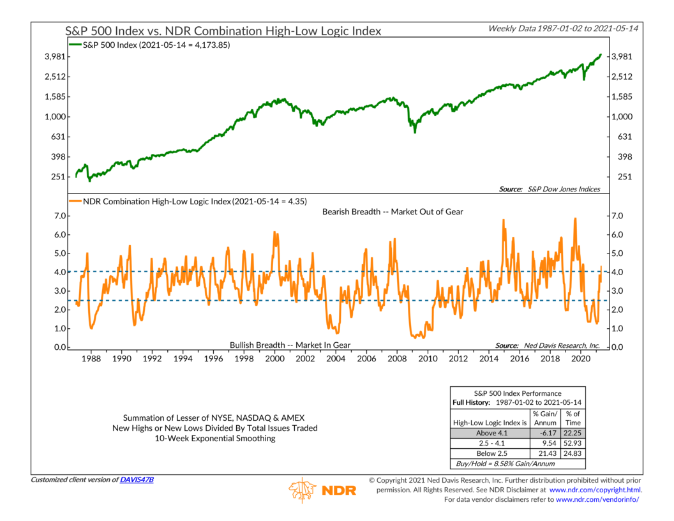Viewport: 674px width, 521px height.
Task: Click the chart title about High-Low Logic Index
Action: click(223, 31)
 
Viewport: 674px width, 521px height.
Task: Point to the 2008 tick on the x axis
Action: click(396, 359)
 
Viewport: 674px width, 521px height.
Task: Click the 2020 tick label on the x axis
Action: click(580, 359)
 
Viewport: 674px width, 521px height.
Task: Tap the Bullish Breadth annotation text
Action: click(290, 345)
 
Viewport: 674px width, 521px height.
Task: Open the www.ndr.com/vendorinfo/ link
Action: click(597, 499)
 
